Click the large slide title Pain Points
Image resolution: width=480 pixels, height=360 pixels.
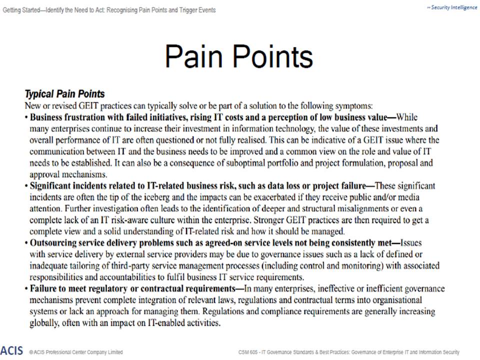tap(238, 56)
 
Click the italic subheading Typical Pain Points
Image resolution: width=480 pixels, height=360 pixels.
tap(64, 94)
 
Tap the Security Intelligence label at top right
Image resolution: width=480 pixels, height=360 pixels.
tap(452, 7)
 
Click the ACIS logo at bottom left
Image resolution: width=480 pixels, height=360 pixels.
tap(11, 350)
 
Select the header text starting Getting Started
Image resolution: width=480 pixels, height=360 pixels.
tap(108, 10)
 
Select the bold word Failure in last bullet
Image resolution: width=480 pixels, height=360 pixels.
tap(42, 289)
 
